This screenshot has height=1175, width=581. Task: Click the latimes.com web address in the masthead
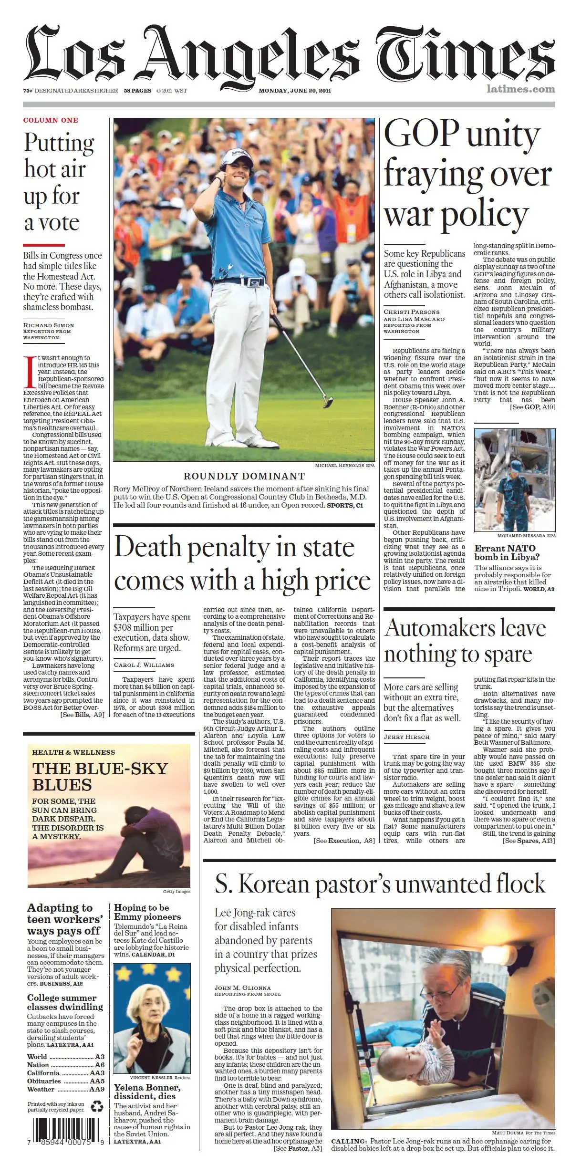[520, 89]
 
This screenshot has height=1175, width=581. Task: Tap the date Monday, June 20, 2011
[294, 91]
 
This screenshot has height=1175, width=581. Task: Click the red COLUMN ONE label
[51, 120]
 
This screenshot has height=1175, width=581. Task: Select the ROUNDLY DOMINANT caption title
[244, 476]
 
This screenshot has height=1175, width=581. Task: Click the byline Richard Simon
[49, 325]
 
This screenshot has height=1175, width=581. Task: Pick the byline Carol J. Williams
[144, 665]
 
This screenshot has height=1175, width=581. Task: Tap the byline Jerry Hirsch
[406, 737]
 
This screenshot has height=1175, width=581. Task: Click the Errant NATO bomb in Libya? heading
[507, 552]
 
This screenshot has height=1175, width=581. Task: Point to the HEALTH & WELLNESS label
[73, 752]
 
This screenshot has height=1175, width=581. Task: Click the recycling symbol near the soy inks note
[97, 1106]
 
